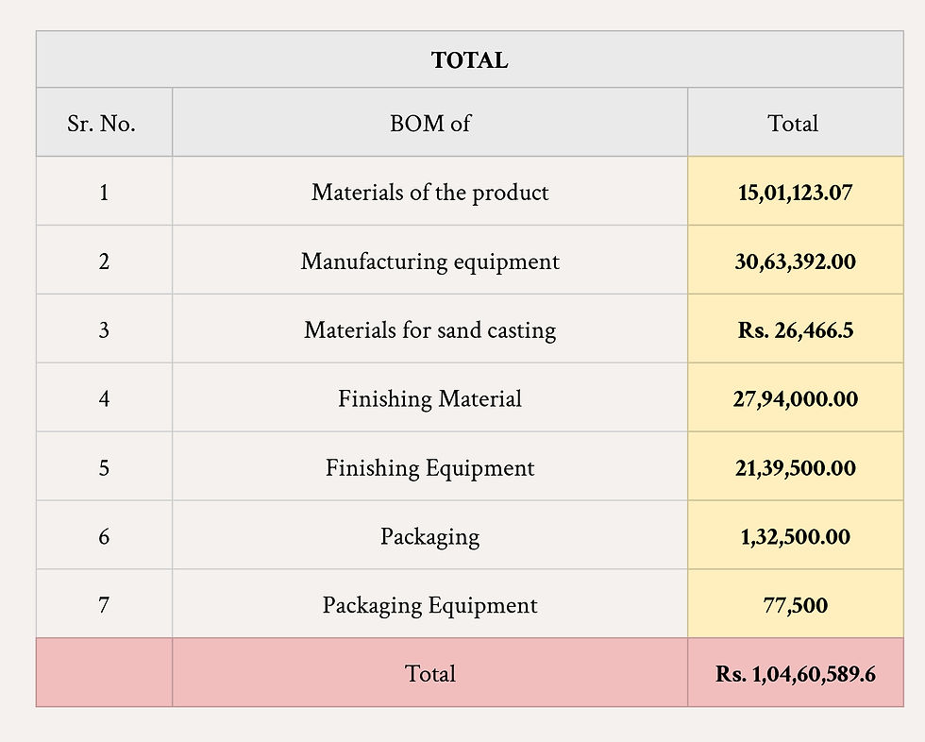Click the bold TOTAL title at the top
469,60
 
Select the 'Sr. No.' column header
102,124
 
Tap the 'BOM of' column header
429,124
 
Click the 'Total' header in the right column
793,124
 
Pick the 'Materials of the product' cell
429,193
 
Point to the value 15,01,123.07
795,193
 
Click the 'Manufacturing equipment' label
429,261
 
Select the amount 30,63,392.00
795,261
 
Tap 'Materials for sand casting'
429,330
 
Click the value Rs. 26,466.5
795,330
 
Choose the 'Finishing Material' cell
429,399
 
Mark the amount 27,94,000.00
795,399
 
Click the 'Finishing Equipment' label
429,468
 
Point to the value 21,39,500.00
795,468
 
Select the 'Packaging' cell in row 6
429,537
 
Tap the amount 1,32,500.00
795,537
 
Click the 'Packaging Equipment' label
429,605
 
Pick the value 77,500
795,605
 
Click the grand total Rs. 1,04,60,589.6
795,674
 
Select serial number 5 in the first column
103,468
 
